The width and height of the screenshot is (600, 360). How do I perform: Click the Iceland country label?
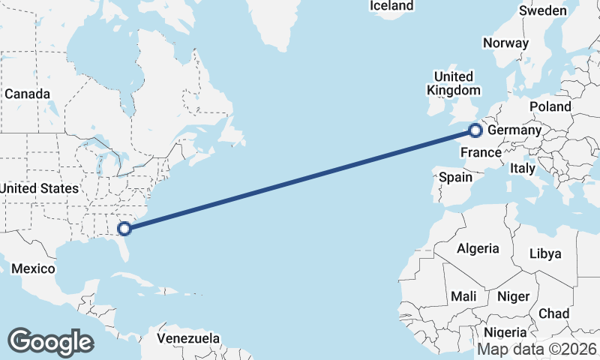[391, 6]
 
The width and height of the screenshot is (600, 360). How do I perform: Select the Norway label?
[505, 43]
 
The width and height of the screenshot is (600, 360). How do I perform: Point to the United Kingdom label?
[454, 83]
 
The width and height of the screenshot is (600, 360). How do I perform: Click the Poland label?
[550, 107]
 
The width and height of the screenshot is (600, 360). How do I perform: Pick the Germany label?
[514, 130]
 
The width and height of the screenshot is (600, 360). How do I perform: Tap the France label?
[480, 153]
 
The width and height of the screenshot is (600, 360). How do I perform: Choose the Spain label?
[455, 178]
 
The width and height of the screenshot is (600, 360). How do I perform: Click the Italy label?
[522, 169]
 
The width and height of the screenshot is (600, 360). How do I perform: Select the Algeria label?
[478, 248]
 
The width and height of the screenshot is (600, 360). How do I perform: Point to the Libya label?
[545, 253]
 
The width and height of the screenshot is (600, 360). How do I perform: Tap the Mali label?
[463, 296]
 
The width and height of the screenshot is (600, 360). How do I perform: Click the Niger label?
[513, 296]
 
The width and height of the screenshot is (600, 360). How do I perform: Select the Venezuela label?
[188, 337]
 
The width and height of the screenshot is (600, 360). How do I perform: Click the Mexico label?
[33, 268]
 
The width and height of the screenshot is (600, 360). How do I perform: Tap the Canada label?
[27, 94]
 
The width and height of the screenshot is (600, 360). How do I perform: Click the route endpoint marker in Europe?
[475, 132]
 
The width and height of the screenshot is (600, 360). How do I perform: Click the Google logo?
[50, 341]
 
